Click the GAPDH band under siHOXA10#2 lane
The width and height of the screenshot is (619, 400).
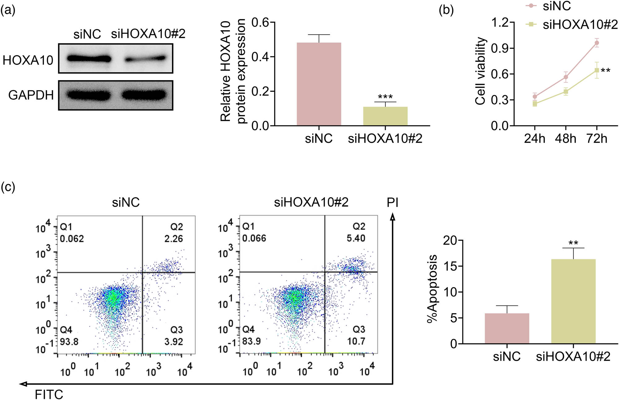tap(144, 95)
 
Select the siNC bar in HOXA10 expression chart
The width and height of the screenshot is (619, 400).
tap(319, 84)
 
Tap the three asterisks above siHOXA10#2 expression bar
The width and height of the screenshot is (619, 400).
tap(385, 97)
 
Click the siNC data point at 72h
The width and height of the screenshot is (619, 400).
tap(596, 43)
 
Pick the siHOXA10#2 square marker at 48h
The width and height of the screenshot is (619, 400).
tap(565, 92)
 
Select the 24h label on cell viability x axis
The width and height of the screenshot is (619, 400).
tap(535, 138)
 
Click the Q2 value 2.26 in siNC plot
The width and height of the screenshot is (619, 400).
tap(174, 239)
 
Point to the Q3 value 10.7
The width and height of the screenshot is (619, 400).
tap(356, 341)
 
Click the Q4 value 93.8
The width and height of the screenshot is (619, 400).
tap(69, 342)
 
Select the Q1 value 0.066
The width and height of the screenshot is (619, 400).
tap(254, 238)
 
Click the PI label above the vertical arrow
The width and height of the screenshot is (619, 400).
tap(392, 203)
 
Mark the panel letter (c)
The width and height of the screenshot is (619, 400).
tap(8, 187)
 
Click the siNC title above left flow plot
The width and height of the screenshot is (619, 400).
tap(126, 203)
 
